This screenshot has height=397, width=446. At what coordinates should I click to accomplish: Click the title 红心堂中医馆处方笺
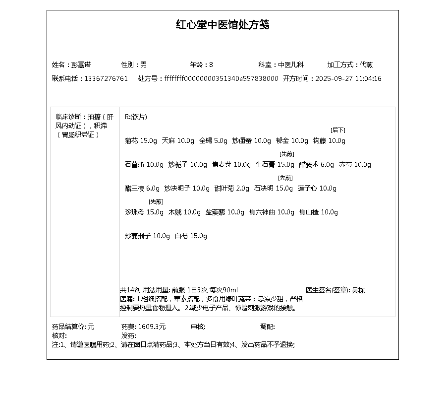[223, 25]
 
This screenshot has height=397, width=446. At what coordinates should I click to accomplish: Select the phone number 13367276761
[106, 78]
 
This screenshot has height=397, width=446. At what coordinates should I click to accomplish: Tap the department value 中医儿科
[291, 65]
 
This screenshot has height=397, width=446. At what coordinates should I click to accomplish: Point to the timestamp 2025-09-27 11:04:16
[348, 78]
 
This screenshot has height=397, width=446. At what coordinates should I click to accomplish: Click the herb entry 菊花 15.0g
[141, 141]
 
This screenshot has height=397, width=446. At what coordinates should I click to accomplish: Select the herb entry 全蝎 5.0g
[213, 141]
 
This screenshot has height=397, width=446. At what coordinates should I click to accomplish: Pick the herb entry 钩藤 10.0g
[329, 141]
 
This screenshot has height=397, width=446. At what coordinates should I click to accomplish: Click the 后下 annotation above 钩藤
[338, 130]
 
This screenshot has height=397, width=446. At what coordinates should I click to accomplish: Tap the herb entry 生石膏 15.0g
[275, 165]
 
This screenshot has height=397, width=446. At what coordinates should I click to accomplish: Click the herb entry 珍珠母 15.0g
[144, 212]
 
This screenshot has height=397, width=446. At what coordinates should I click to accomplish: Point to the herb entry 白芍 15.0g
[191, 236]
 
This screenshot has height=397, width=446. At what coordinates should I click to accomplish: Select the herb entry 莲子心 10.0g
[317, 189]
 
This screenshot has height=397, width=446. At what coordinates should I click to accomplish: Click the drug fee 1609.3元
[152, 327]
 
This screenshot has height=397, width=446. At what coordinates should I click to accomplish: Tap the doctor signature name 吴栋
[358, 290]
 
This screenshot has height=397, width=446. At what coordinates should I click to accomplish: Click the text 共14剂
[130, 290]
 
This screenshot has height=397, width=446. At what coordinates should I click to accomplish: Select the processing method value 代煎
[366, 65]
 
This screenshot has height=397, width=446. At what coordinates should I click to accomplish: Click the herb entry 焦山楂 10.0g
[319, 212]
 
